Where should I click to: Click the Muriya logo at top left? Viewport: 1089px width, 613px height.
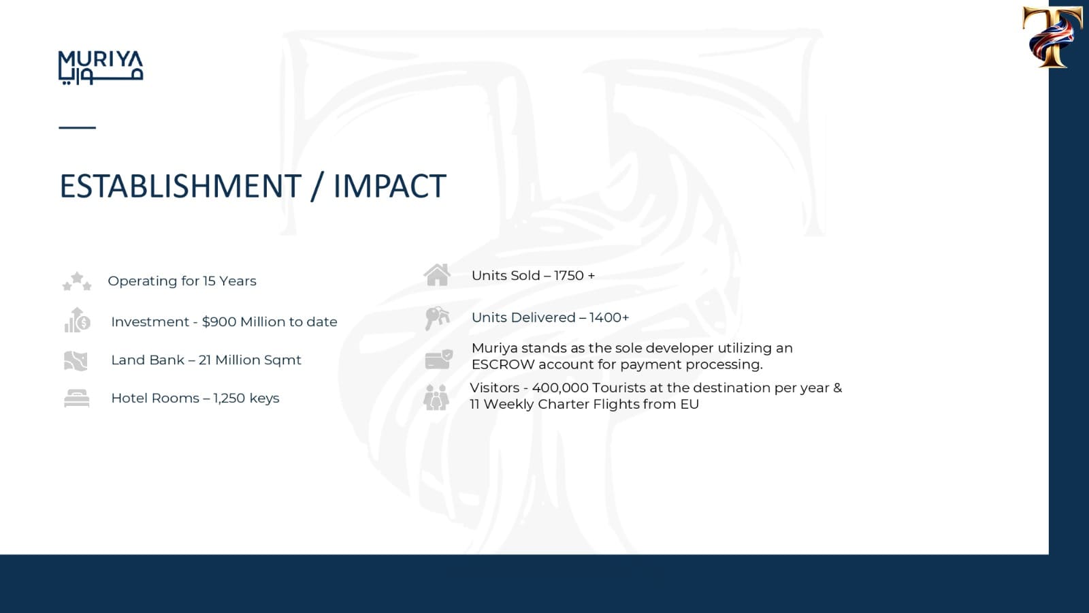pos(101,67)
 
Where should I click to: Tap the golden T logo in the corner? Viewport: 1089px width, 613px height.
pos(1052,37)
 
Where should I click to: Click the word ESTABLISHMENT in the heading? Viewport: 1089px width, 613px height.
pos(180,186)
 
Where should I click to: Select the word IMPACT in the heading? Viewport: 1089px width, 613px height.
pos(389,186)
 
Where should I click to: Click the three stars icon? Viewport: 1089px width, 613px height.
pos(77,281)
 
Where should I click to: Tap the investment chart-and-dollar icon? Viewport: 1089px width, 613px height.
pos(78,320)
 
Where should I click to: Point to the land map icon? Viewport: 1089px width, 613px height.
pos(76,361)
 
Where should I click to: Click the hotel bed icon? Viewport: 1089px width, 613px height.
pos(77,398)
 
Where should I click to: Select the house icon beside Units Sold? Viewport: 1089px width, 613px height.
pos(437,275)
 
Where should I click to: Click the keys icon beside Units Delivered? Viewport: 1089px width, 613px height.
pos(437,318)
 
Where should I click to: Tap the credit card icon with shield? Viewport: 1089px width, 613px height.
pos(439,360)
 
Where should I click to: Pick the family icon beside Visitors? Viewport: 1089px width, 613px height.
pos(436,398)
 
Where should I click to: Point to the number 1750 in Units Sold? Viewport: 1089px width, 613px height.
pos(568,276)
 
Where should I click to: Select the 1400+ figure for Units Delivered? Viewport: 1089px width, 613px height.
pos(609,317)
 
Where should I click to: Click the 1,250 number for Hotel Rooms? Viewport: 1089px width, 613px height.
pos(229,398)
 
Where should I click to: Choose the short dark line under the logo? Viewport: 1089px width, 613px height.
pos(78,127)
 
